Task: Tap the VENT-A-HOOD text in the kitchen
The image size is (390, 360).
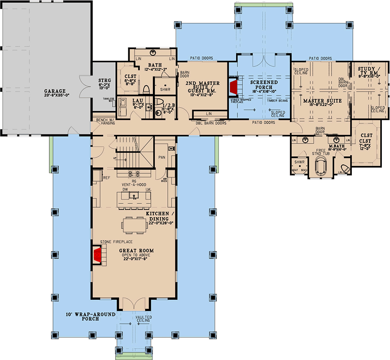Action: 134,184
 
